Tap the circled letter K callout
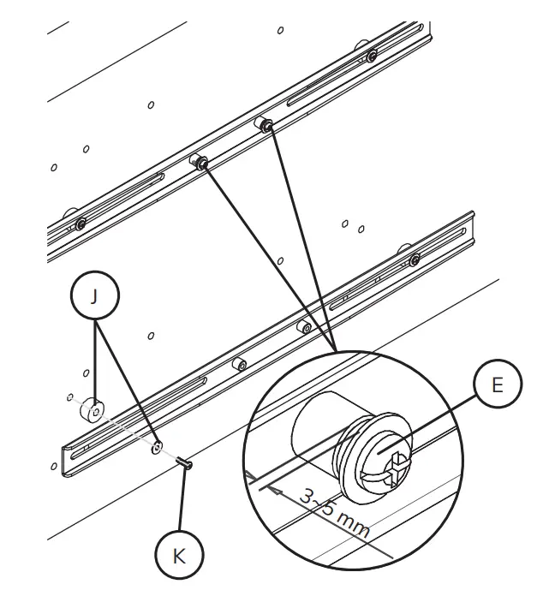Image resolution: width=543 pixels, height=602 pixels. [177, 554]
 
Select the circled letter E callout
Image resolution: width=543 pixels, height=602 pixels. [496, 385]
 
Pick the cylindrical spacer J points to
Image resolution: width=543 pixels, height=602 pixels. [92, 412]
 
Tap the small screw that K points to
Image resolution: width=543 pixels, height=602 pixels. [183, 463]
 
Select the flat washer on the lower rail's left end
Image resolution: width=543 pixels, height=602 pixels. [157, 447]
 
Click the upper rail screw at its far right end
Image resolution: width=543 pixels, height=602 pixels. [371, 57]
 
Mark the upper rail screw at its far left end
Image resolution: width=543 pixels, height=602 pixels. [80, 224]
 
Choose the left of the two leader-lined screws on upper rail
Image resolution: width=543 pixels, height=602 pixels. [200, 164]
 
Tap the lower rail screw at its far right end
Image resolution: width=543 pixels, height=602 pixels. [415, 260]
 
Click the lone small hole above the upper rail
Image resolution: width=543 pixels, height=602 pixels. [281, 30]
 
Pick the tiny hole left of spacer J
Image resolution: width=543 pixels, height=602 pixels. [68, 396]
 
